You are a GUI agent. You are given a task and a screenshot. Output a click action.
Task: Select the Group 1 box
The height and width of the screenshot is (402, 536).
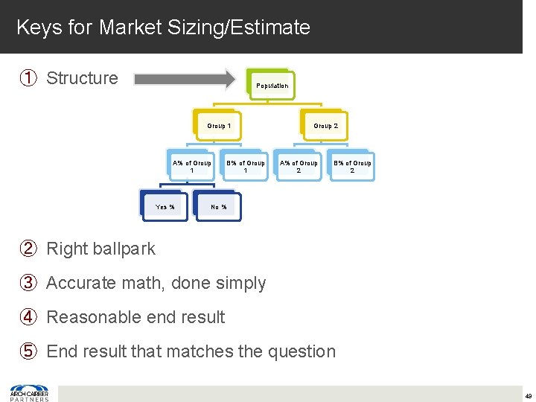coord(218,126)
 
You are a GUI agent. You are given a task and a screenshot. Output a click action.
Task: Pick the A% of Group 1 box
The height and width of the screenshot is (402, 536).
coord(191,166)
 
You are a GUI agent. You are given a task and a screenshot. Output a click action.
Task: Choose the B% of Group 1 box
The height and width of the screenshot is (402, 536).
coord(246,166)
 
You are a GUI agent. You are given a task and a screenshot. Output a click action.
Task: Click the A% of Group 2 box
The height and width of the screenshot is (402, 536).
coord(299,166)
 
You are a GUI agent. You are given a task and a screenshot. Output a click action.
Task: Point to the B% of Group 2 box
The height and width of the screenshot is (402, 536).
coord(352,166)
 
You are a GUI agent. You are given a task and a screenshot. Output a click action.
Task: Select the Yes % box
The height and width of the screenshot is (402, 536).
coord(165,206)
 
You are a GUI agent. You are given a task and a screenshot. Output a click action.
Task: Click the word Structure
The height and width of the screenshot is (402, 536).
coord(82,78)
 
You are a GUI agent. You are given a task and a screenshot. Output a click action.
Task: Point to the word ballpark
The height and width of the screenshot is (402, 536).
coord(125,249)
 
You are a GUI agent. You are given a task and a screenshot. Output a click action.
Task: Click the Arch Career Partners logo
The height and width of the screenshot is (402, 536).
coord(29,392)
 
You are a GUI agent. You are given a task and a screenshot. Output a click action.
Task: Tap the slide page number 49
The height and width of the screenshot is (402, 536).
coord(526,395)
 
